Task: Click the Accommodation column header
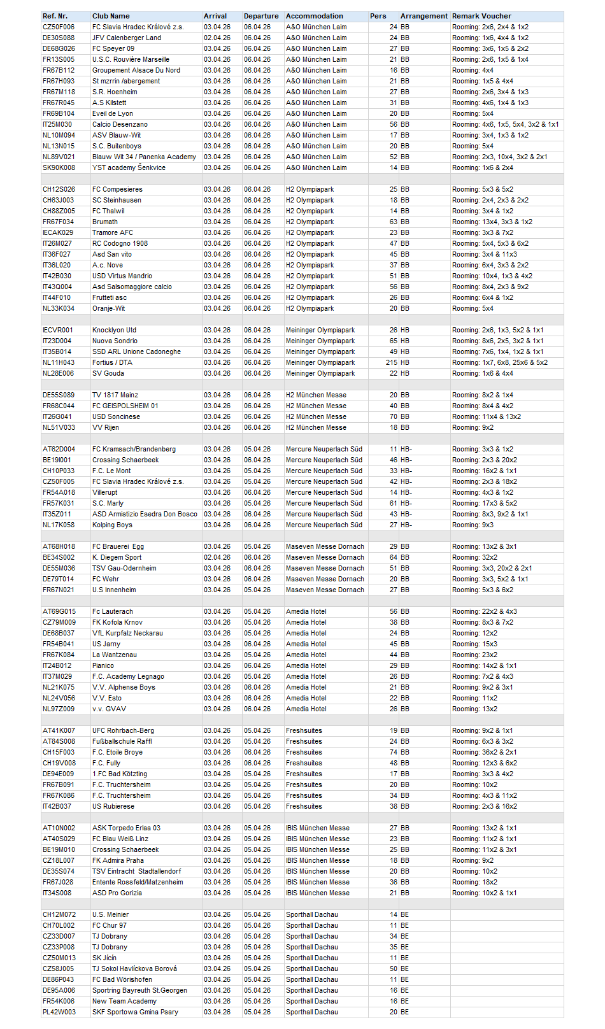pos(314,16)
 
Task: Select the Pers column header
pos(378,16)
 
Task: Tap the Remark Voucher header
pos(481,16)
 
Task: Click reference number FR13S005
pos(59,59)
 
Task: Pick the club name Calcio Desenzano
pos(120,124)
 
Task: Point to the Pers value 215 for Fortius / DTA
pos(391,362)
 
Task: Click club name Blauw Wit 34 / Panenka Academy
pos(144,157)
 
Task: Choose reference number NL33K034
pos(59,308)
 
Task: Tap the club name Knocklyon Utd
pos(114,330)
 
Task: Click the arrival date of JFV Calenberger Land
pos(217,38)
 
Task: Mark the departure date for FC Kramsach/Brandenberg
pos(257,449)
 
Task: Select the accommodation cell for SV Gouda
pos(320,373)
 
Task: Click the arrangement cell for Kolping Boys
pos(406,525)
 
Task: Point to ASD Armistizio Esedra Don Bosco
pos(145,514)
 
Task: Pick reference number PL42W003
pos(59,1012)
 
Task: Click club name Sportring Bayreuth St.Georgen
pos(139,990)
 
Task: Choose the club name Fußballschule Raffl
pos(122,741)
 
